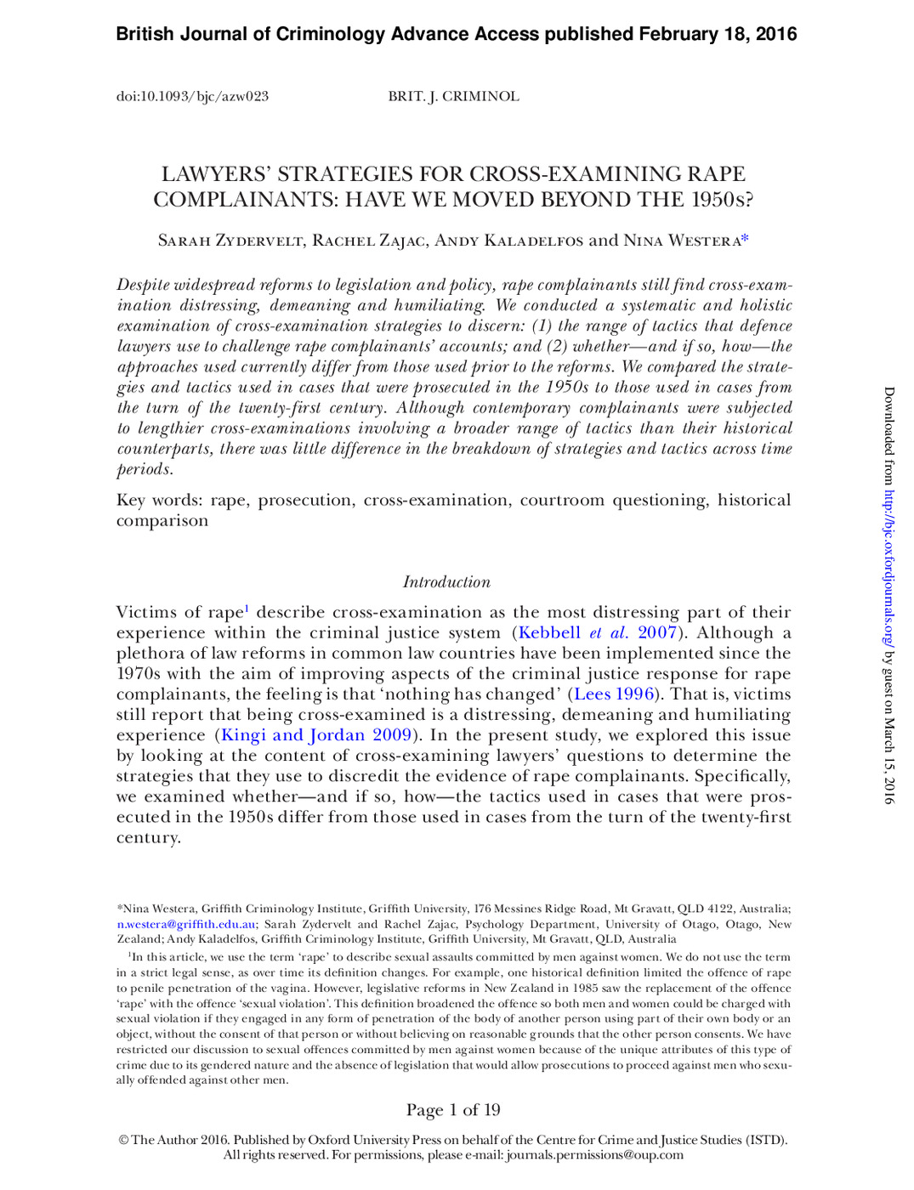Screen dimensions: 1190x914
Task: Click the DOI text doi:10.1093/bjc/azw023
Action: [x=192, y=97]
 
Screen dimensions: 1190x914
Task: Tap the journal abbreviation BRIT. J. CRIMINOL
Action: [x=453, y=97]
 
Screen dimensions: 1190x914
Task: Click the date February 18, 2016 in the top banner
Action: [x=718, y=34]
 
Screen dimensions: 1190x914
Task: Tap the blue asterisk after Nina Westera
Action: [x=745, y=239]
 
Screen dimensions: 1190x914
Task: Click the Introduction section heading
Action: [x=446, y=582]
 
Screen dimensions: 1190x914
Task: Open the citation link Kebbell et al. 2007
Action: [x=597, y=633]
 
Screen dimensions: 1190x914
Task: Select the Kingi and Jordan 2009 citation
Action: [x=316, y=735]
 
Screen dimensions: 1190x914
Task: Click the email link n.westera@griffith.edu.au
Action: [x=186, y=925]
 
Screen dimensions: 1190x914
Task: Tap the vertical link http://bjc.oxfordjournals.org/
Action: [x=889, y=569]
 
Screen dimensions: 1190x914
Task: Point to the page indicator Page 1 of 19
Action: [x=453, y=1110]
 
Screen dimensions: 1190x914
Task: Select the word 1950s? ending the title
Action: [x=722, y=201]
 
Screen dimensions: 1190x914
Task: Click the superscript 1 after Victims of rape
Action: [x=247, y=608]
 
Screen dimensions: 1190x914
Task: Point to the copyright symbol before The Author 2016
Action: [x=123, y=1141]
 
